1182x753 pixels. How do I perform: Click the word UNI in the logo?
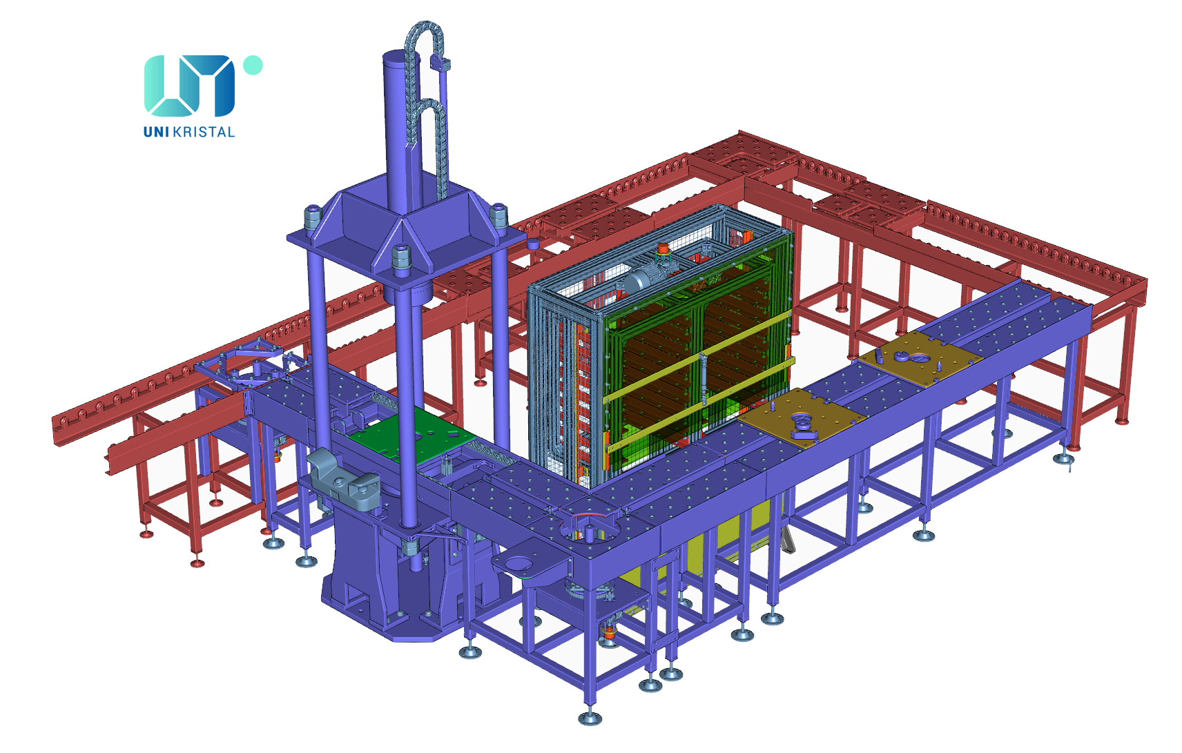tap(156, 132)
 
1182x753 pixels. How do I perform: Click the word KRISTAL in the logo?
tap(204, 132)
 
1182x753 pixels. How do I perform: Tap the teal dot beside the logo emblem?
tap(253, 65)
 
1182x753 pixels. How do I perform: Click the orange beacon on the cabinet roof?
tap(663, 248)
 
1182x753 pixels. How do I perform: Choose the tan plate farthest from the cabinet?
tap(920, 358)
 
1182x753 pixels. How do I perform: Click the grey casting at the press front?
tap(343, 480)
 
